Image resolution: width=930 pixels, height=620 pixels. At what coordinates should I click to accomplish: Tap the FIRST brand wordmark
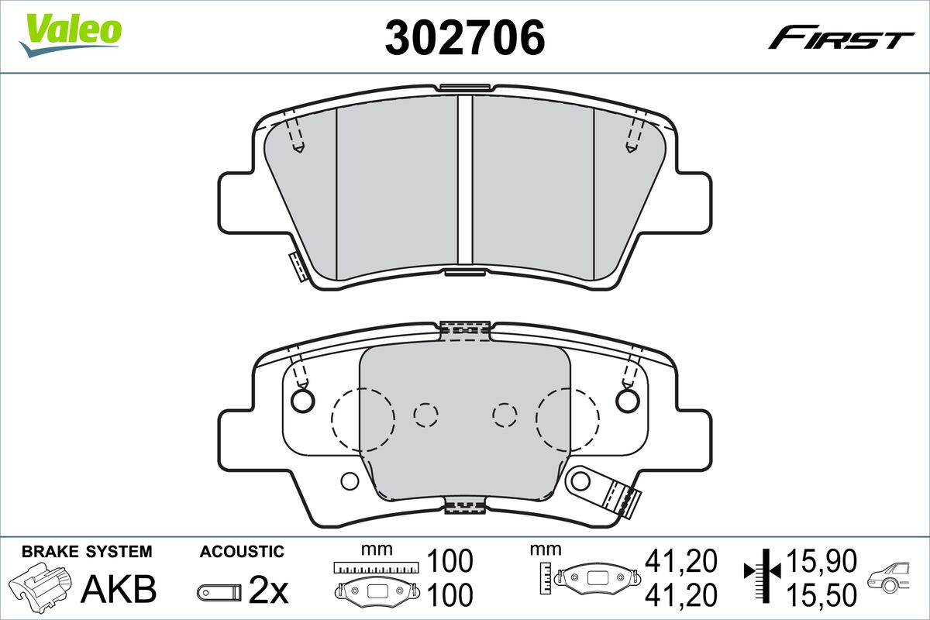[x=842, y=39]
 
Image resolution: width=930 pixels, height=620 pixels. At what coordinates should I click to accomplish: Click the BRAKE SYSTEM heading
[x=87, y=552]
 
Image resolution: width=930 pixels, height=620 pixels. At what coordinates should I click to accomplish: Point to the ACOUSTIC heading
[x=242, y=552]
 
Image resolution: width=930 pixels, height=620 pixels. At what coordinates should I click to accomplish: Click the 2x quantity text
[x=268, y=592]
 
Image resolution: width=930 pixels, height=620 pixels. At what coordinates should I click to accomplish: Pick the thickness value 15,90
[x=821, y=560]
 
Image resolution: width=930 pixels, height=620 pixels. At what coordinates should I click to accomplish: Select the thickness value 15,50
[x=821, y=594]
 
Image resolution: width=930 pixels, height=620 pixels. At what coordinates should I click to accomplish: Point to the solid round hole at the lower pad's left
[x=302, y=399]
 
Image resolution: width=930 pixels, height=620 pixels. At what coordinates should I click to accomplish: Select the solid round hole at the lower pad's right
[x=629, y=399]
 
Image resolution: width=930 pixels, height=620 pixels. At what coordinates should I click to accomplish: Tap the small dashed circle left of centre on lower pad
[x=425, y=416]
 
